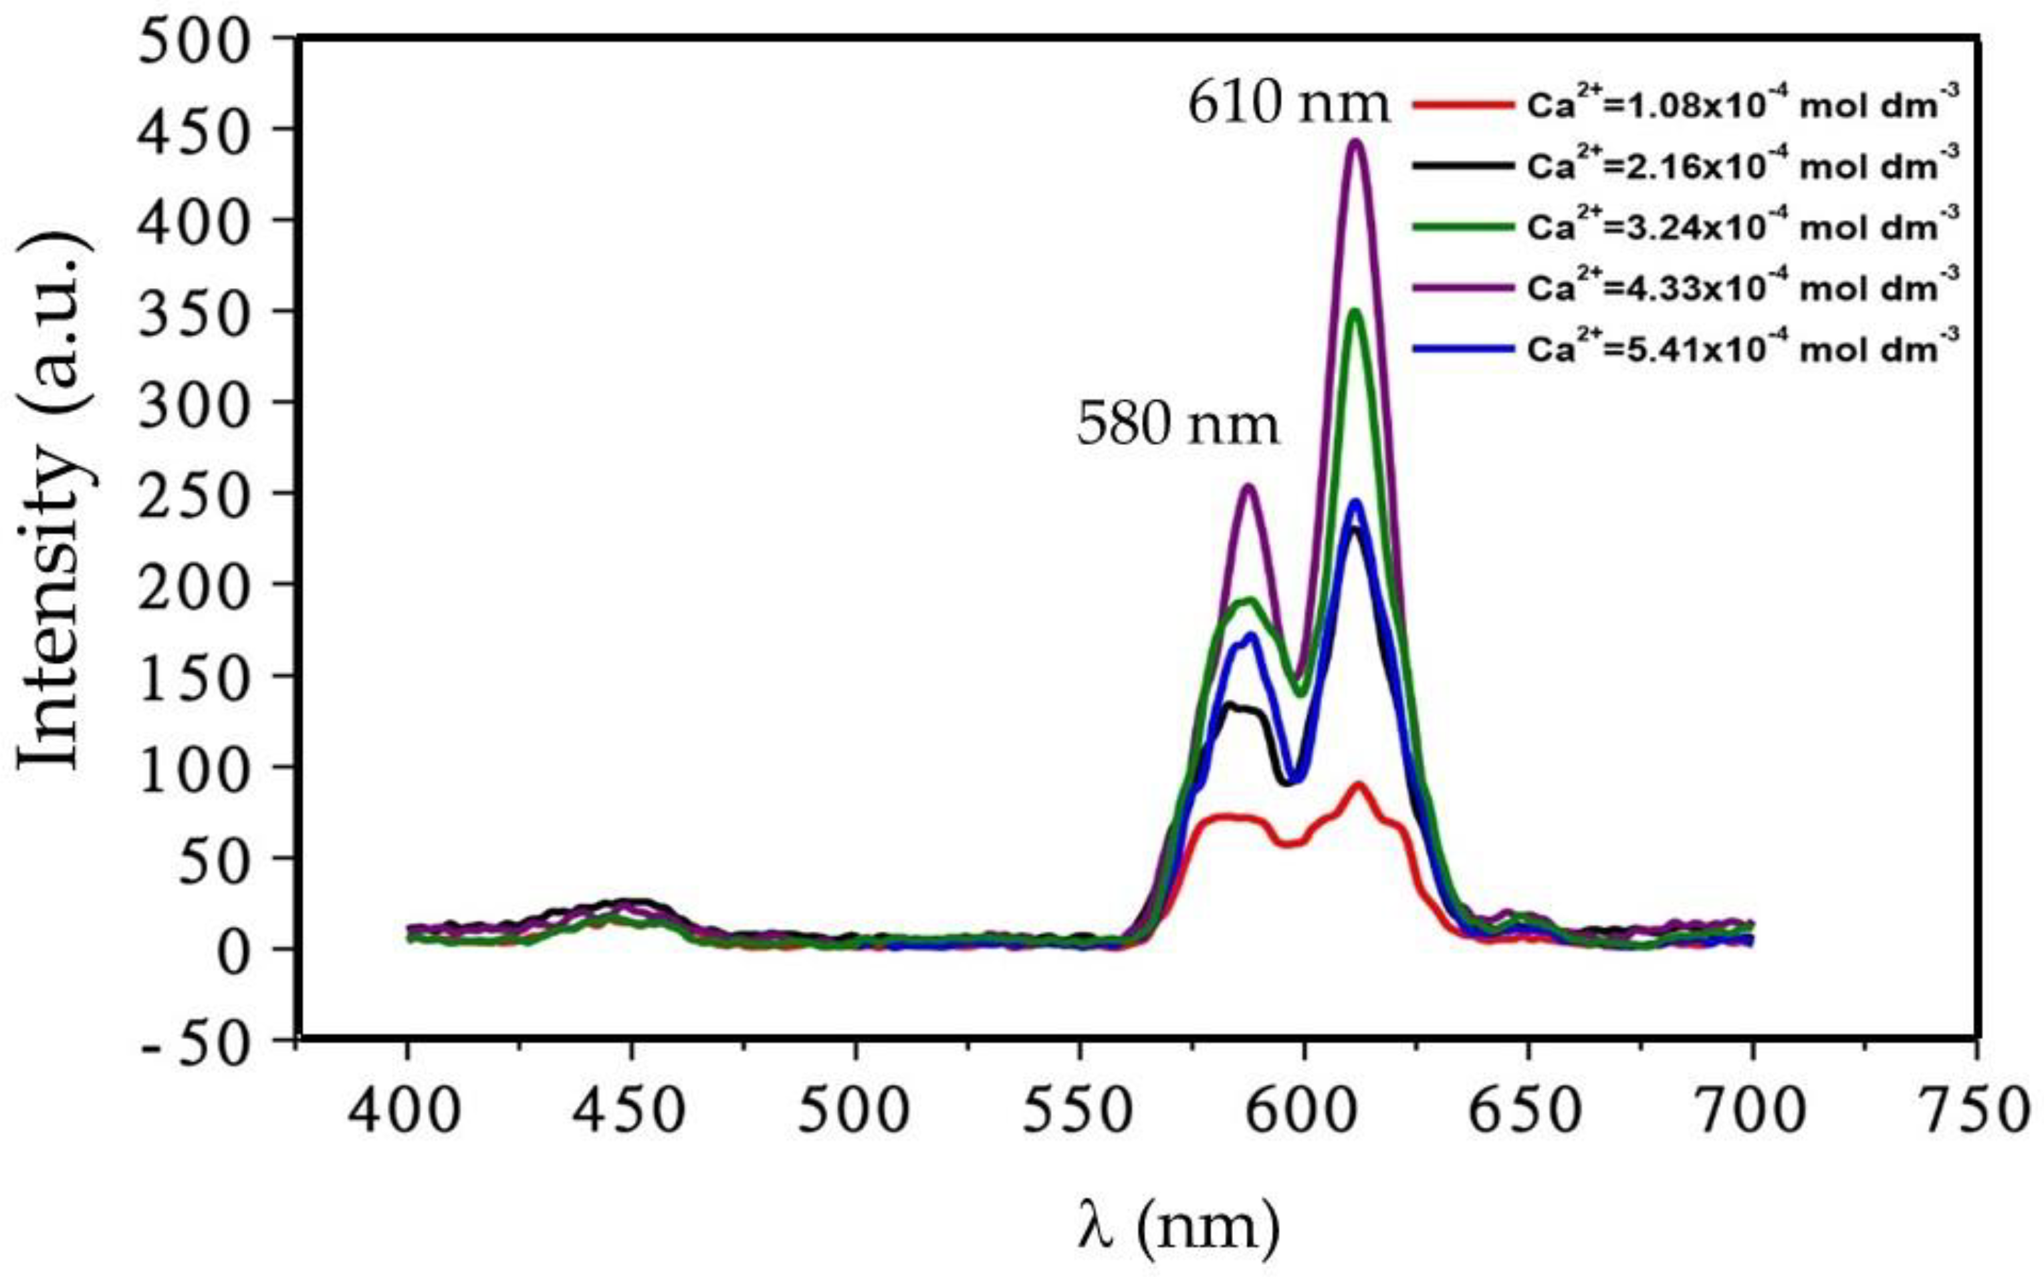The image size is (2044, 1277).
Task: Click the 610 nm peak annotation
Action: coord(1289,106)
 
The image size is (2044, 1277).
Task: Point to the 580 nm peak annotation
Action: coord(1177,426)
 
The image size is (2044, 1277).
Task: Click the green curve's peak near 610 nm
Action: coord(1356,313)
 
